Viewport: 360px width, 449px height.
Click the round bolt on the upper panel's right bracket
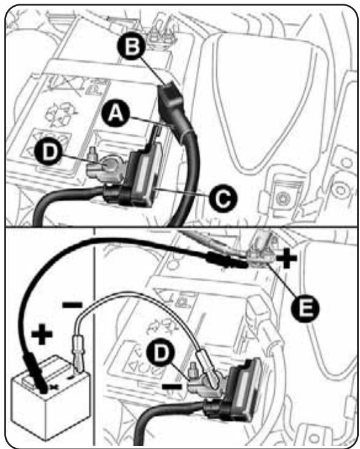pos(283,198)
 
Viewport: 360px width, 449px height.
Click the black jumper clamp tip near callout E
pos(240,262)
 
